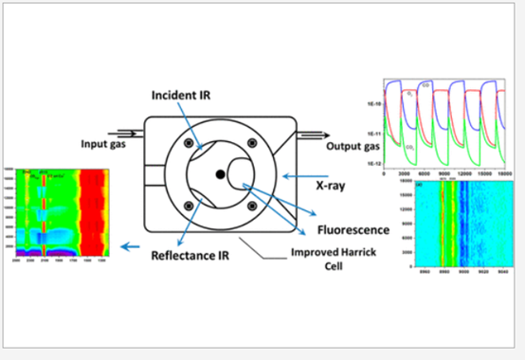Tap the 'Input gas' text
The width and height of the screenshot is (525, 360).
coord(105,144)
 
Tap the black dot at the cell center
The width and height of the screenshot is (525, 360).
coord(220,174)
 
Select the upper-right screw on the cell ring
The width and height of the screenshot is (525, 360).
coord(251,143)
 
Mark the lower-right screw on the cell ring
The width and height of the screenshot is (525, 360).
coord(251,205)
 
